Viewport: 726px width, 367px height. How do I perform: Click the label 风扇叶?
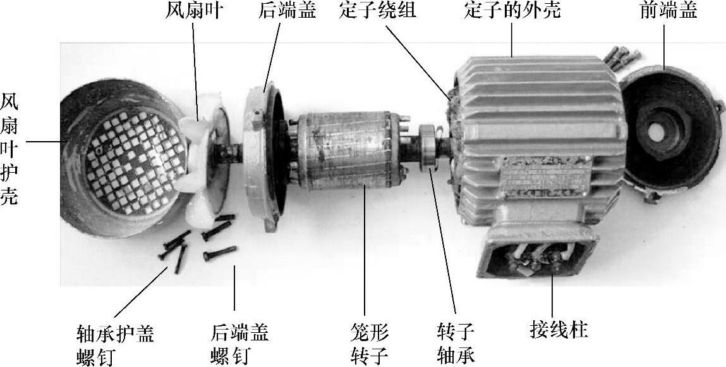point(193,9)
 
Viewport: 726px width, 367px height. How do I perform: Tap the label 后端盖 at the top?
point(287,9)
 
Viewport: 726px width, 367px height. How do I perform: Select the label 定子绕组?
point(377,9)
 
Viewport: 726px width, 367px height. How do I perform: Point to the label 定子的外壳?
point(512,9)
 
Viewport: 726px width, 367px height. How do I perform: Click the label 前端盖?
point(669,9)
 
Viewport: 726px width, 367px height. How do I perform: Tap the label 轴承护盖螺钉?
point(115,345)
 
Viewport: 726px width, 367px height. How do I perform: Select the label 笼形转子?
point(369,345)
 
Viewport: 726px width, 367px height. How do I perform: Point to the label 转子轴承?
point(456,345)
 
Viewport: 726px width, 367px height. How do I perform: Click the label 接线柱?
point(559,330)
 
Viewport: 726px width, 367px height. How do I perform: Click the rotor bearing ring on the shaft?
point(428,148)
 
